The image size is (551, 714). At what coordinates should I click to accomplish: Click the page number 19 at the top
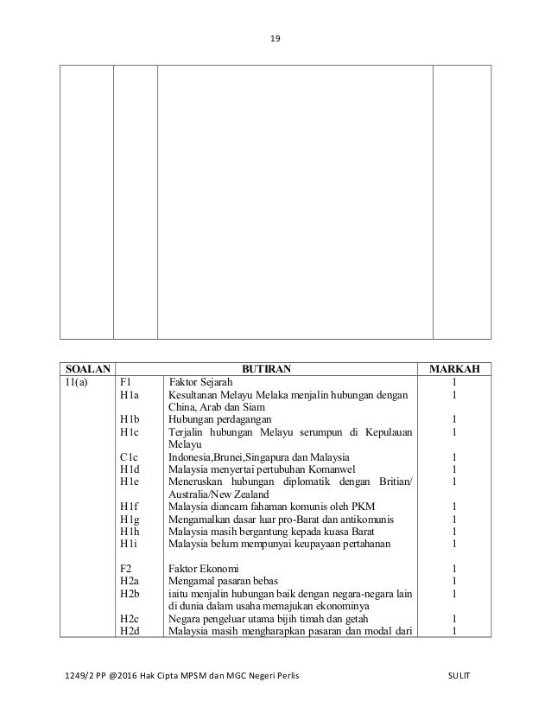[x=275, y=38]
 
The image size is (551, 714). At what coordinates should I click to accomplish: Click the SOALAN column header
[x=86, y=370]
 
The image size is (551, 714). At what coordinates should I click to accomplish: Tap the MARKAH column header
[x=461, y=370]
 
